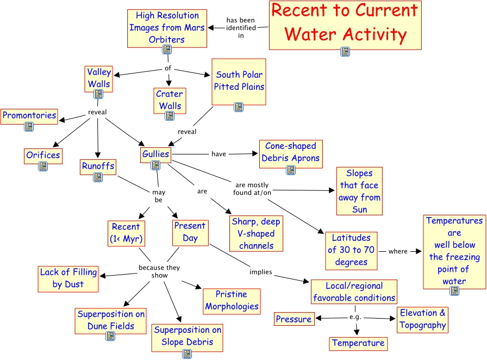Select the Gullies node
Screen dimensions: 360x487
coord(155,154)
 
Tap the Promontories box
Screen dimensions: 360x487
coord(29,115)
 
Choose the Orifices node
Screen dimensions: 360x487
coord(43,155)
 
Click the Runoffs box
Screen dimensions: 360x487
coord(98,166)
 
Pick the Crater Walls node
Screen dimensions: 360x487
coord(170,100)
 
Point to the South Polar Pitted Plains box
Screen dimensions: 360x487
coord(239,80)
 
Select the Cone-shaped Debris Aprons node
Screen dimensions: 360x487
coord(291,152)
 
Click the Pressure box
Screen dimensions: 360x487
coord(294,319)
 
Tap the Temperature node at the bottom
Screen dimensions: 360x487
coord(358,343)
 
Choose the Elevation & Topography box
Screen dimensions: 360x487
coord(423,319)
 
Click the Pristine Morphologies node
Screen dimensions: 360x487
coord(232,300)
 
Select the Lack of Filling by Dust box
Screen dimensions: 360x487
coord(68,278)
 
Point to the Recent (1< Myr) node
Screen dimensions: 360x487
coord(126,233)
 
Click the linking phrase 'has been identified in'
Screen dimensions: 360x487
coord(241,28)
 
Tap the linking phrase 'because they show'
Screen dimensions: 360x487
coord(159,271)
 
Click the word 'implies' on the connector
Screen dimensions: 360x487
coord(261,272)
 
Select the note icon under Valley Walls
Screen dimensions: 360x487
coord(98,94)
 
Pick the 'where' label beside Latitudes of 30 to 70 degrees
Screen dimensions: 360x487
coord(398,251)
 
